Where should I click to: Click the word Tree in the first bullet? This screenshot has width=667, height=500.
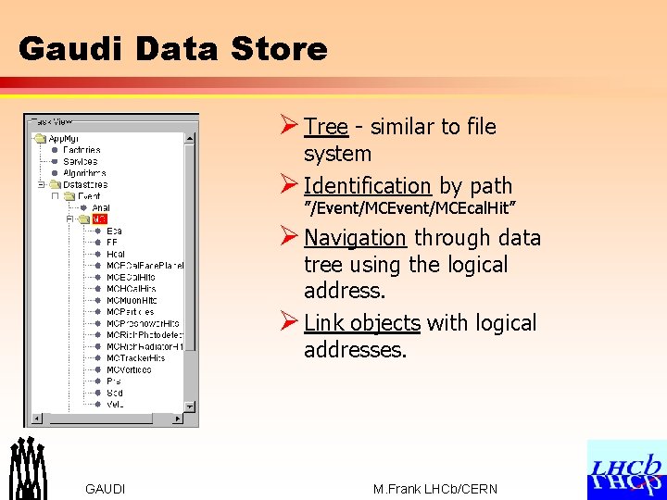coord(325,127)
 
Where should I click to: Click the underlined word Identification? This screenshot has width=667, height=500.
coord(367,186)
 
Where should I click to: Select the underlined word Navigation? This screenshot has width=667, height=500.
coord(355,238)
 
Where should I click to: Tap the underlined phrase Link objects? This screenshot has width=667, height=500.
coord(361,323)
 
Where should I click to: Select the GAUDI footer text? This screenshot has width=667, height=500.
coord(105,489)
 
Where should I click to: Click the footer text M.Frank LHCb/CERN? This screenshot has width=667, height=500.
coord(434,489)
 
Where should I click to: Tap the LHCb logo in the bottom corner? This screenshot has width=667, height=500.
coord(626,469)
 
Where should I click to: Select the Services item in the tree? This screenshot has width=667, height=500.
coord(80,161)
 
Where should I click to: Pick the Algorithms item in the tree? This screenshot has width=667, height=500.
coord(84,173)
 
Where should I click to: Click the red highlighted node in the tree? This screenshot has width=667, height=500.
coord(99,219)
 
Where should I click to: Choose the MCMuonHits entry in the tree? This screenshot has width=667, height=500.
coord(131,300)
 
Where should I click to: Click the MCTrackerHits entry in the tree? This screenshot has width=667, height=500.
coord(135,358)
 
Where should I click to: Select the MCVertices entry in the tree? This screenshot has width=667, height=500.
coord(129,369)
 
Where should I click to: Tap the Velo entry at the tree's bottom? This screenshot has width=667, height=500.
coord(115,405)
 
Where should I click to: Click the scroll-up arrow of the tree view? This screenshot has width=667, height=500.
coord(191,139)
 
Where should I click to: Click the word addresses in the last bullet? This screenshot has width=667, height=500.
coord(354,351)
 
